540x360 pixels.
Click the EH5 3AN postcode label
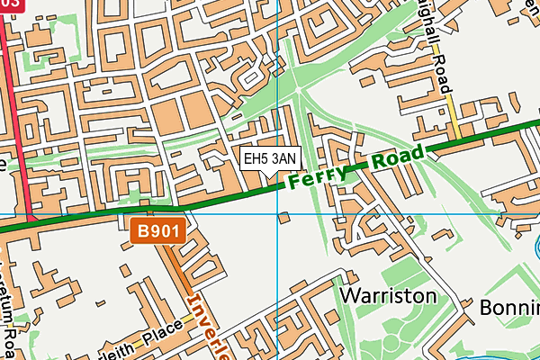[270, 159]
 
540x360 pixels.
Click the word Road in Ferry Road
[396, 158]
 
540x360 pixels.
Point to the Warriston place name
[388, 296]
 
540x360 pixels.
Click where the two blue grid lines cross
[278, 215]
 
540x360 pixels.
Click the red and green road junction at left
[31, 220]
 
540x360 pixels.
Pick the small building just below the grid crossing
[284, 217]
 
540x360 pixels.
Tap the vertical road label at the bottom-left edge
[10, 306]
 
